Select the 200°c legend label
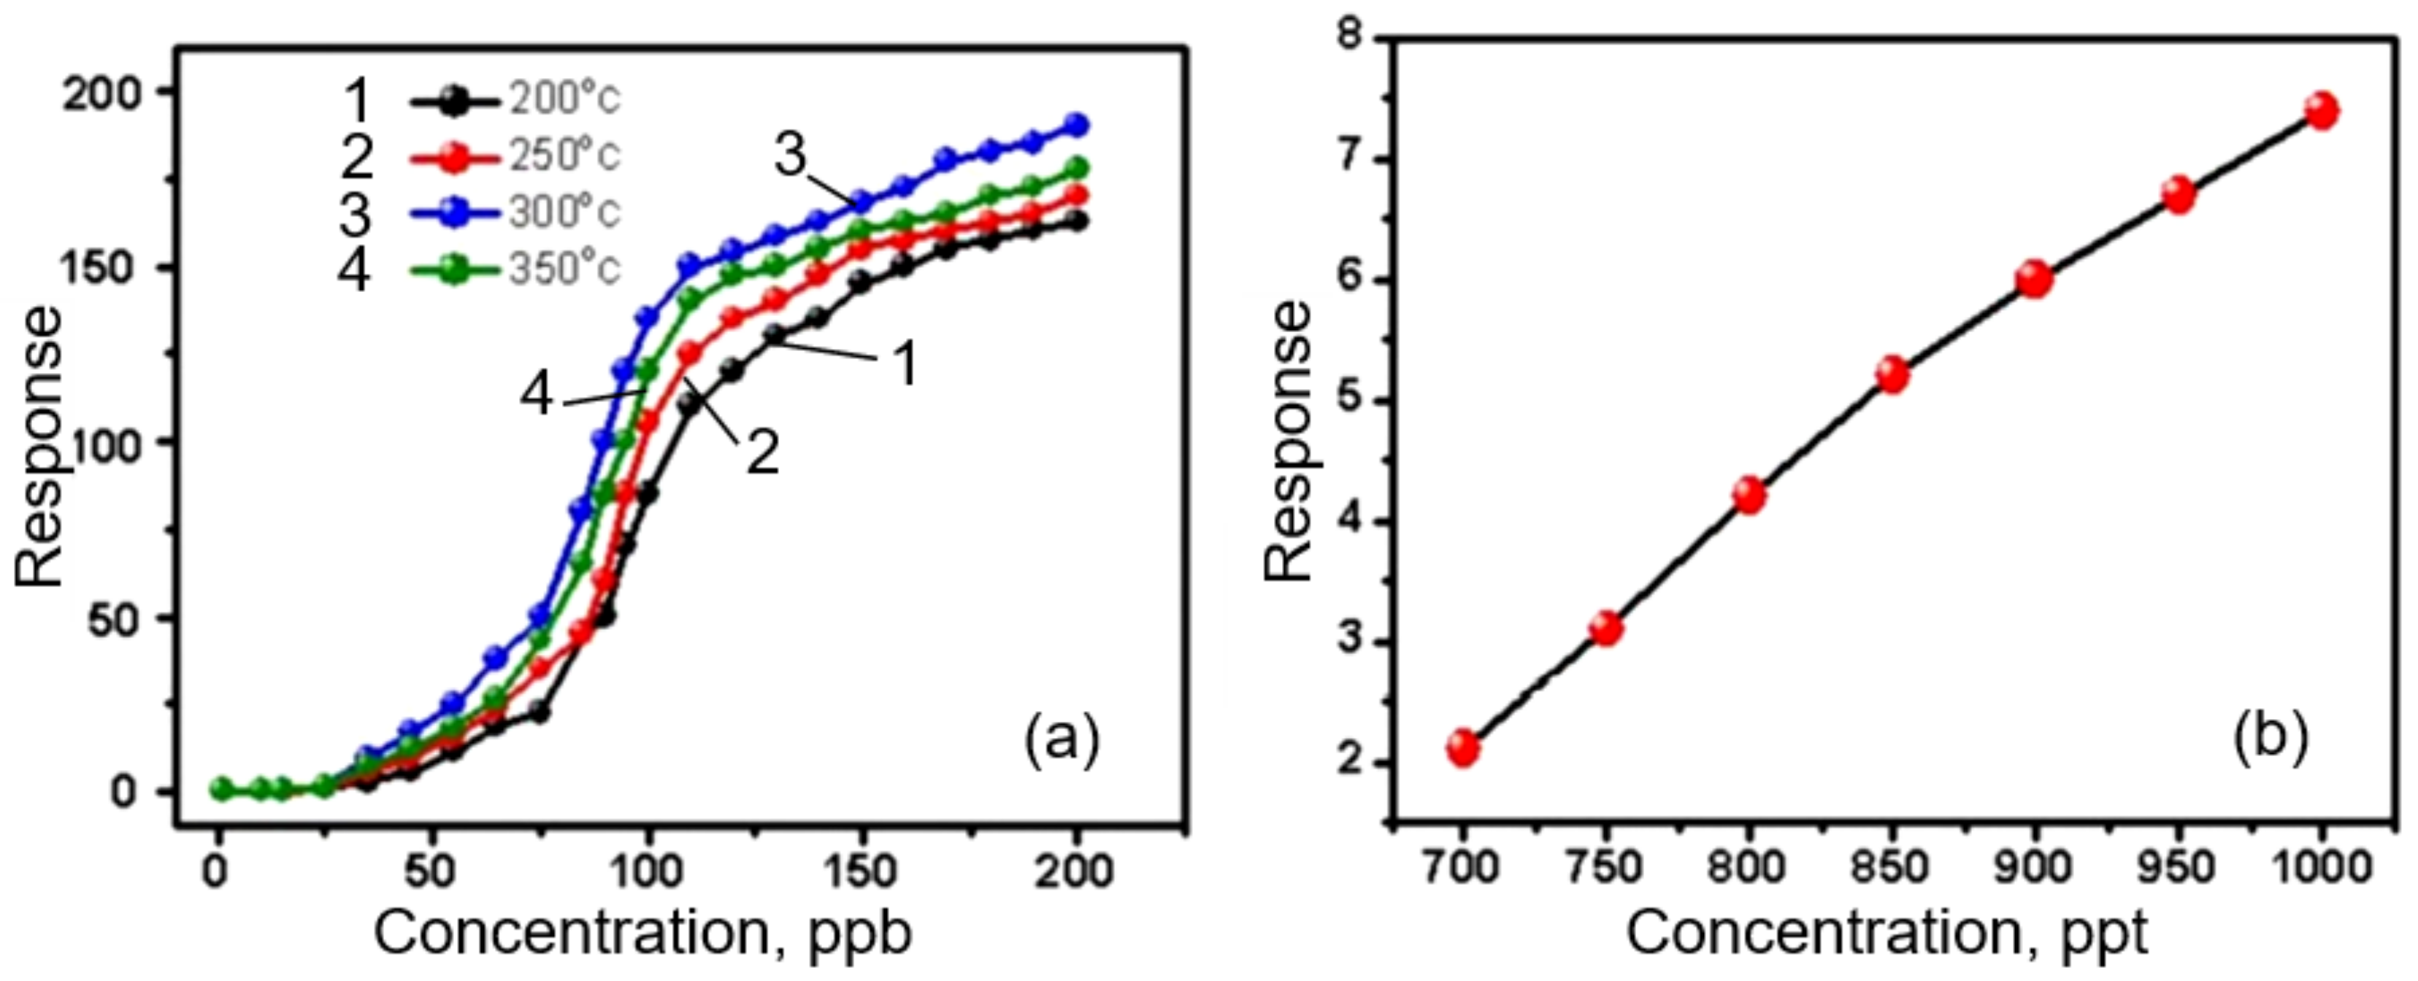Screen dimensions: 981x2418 (x=564, y=99)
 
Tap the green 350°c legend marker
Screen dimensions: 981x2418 (x=454, y=269)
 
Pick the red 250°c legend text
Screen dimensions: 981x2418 (x=564, y=155)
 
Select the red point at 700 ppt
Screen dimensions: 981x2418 (x=1462, y=748)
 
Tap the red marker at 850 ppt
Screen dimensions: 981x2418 (x=1892, y=375)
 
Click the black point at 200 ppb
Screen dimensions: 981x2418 (x=1078, y=222)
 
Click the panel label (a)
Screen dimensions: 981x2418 (x=1061, y=742)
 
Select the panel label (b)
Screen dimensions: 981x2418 (x=2269, y=742)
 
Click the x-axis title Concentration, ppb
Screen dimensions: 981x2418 (x=643, y=934)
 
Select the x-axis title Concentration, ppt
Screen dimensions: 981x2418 (x=1887, y=934)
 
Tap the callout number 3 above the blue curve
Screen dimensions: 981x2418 (x=791, y=155)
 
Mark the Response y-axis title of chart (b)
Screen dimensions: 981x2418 (x=1286, y=441)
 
